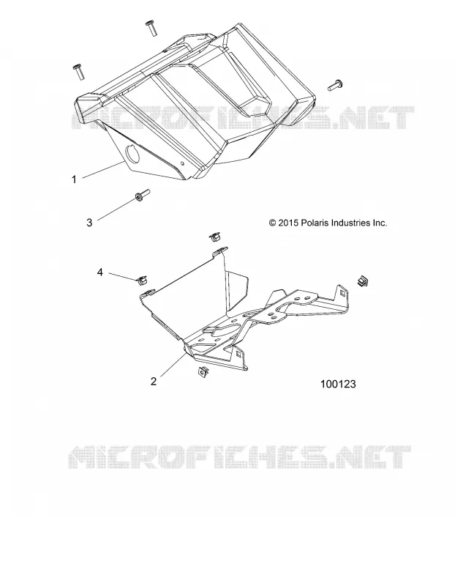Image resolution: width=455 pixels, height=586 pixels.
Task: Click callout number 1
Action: click(x=74, y=179)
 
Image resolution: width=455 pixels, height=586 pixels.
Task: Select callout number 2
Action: click(x=154, y=381)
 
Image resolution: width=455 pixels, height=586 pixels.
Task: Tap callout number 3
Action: click(x=89, y=223)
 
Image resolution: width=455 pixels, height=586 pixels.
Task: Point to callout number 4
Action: click(x=99, y=272)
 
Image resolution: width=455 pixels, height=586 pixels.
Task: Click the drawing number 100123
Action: click(x=338, y=384)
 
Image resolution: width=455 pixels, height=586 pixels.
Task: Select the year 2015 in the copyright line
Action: click(x=288, y=223)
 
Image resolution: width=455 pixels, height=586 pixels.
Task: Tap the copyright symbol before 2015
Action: click(x=272, y=223)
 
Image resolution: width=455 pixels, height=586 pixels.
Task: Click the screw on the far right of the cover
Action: click(x=335, y=85)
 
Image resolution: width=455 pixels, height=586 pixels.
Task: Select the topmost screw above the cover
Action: click(x=151, y=28)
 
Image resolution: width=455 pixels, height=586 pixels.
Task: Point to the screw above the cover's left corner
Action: click(x=78, y=71)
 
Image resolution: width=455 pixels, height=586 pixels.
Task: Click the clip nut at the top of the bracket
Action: click(x=214, y=236)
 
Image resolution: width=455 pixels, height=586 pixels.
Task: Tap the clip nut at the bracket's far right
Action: click(x=362, y=281)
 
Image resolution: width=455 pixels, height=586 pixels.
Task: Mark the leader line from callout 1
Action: click(x=102, y=171)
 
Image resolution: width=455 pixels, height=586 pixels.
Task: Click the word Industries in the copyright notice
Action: click(x=350, y=223)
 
